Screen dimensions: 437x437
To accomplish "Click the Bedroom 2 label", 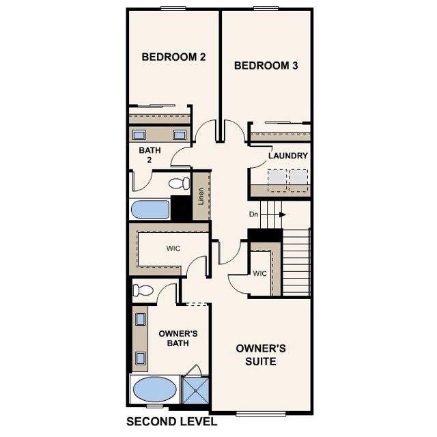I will click(173, 57).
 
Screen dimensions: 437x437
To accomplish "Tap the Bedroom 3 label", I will click(266, 66).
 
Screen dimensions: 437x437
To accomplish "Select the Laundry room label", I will click(287, 156).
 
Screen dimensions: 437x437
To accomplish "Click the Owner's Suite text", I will click(261, 354).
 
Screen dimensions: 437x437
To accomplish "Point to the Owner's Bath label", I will click(178, 338).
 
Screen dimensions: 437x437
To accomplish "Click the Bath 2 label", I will click(149, 155).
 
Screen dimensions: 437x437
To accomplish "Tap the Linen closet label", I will click(201, 195).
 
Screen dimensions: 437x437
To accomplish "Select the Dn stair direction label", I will click(253, 214).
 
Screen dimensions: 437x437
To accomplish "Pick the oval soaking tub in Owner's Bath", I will click(154, 391).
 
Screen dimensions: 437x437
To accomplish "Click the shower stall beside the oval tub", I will click(195, 392).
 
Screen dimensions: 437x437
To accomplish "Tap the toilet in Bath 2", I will click(179, 183).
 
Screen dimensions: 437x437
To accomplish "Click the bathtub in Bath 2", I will click(150, 210).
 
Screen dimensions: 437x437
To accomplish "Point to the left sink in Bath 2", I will click(139, 135).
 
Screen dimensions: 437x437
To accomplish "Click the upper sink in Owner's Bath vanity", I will click(140, 318).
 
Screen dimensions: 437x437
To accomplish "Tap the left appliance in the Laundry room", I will click(276, 178).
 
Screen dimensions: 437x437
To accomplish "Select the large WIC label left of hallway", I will click(173, 249).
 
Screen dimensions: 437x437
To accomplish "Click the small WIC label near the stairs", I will click(259, 274).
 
